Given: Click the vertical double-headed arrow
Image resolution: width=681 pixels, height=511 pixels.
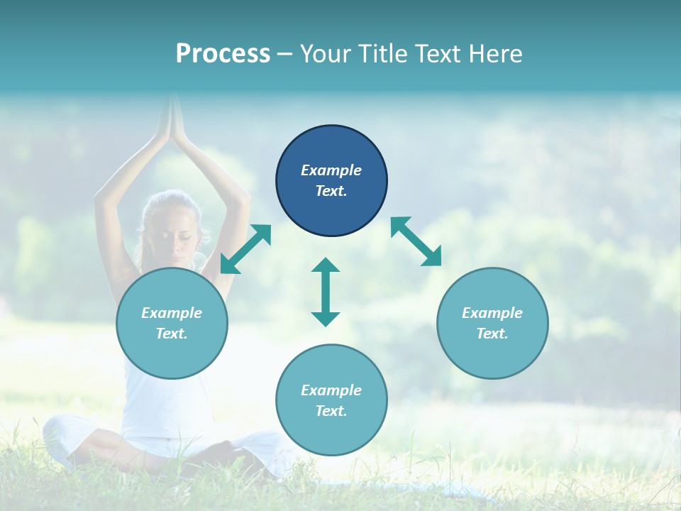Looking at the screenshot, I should coord(326,292).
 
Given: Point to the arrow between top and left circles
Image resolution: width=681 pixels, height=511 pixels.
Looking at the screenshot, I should coord(245,249).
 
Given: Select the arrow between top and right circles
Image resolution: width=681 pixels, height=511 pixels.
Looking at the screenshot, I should coord(416,241).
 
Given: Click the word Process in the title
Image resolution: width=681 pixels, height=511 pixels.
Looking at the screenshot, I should coord(223,53).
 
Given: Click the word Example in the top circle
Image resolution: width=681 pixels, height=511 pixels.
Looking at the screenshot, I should coord(331,170).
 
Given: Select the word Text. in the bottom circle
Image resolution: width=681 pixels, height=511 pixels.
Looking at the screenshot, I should coord(331,411).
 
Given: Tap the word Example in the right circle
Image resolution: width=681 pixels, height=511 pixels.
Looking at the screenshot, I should coord(492,313).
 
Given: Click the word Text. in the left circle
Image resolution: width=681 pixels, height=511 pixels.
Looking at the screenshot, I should coord(172,334).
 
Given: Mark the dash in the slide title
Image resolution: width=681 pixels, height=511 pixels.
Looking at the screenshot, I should coord(285,54).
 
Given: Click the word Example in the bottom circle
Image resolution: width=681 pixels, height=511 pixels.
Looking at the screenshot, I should coord(331,390).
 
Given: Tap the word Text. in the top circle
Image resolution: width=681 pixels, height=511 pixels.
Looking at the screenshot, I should coord(331,191).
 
